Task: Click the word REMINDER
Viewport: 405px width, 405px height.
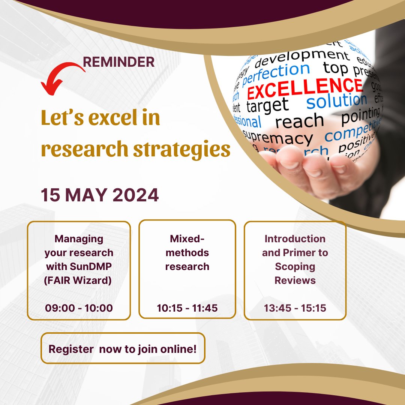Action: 118,62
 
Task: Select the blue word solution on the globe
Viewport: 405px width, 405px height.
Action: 336,101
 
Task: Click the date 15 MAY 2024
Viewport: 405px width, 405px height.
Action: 100,195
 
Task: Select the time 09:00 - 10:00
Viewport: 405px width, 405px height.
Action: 79,308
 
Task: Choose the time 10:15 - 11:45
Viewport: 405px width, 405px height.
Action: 187,308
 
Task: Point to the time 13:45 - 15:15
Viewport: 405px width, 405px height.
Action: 295,308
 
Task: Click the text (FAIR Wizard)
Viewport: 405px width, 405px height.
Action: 79,280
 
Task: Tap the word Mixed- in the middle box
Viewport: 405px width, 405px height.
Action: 187,239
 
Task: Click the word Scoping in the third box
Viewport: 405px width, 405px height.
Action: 295,266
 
